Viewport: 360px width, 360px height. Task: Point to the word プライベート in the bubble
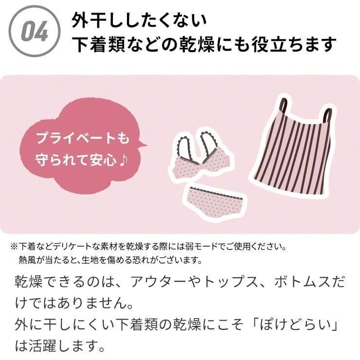coord(73,139)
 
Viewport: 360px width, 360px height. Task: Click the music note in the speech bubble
coord(125,160)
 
